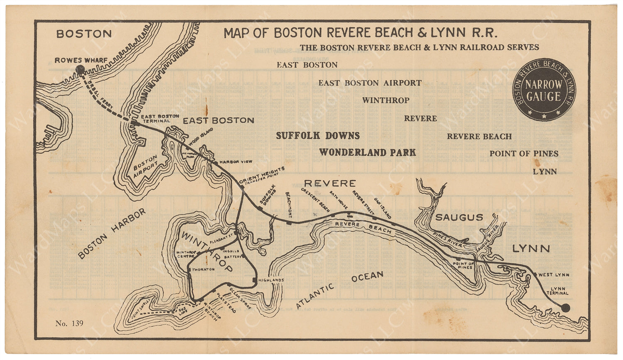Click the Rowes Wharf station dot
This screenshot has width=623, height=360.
(80, 70)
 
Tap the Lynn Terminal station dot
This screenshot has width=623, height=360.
(565, 307)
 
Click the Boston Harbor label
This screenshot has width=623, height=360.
(112, 233)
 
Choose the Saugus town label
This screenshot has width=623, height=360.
(459, 217)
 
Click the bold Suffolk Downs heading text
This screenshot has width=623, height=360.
(318, 136)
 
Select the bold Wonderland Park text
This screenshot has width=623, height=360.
(367, 152)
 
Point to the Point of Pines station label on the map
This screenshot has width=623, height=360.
(463, 265)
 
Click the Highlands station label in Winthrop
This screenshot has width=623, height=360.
(271, 280)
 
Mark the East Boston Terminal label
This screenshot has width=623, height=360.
(160, 118)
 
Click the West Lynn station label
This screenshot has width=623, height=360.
(554, 274)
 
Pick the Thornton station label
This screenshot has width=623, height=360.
(204, 269)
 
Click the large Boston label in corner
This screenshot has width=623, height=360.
(84, 34)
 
